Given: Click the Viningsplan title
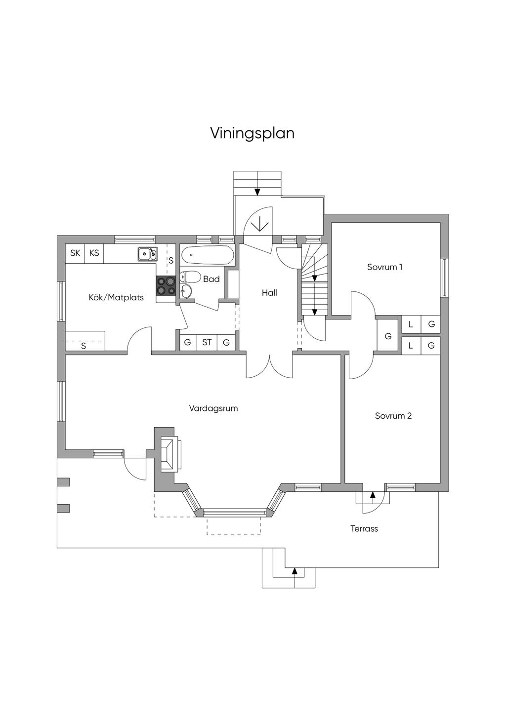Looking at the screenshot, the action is click(253, 133).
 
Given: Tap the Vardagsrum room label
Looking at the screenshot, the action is click(213, 408).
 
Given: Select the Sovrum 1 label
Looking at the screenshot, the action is click(384, 267).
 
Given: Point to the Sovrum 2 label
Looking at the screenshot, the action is click(393, 416).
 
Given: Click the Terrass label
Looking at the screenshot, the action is click(364, 528).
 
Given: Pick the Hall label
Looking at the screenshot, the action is click(269, 293).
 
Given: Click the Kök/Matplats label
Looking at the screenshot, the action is click(116, 297).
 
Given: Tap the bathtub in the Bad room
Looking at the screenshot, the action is click(207, 255).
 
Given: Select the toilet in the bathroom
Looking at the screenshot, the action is click(189, 277).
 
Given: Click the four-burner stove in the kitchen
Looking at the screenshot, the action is click(166, 285).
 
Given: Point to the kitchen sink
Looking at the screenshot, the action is click(148, 254).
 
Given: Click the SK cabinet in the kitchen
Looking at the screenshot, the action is click(75, 253).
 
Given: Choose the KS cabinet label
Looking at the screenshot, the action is click(94, 253).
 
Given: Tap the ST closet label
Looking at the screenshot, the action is click(207, 343).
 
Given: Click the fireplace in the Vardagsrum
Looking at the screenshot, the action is click(171, 454).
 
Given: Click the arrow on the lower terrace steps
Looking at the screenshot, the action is click(295, 571).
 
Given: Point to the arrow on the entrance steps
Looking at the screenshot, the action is click(257, 192).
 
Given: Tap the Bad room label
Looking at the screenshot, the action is click(211, 279).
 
